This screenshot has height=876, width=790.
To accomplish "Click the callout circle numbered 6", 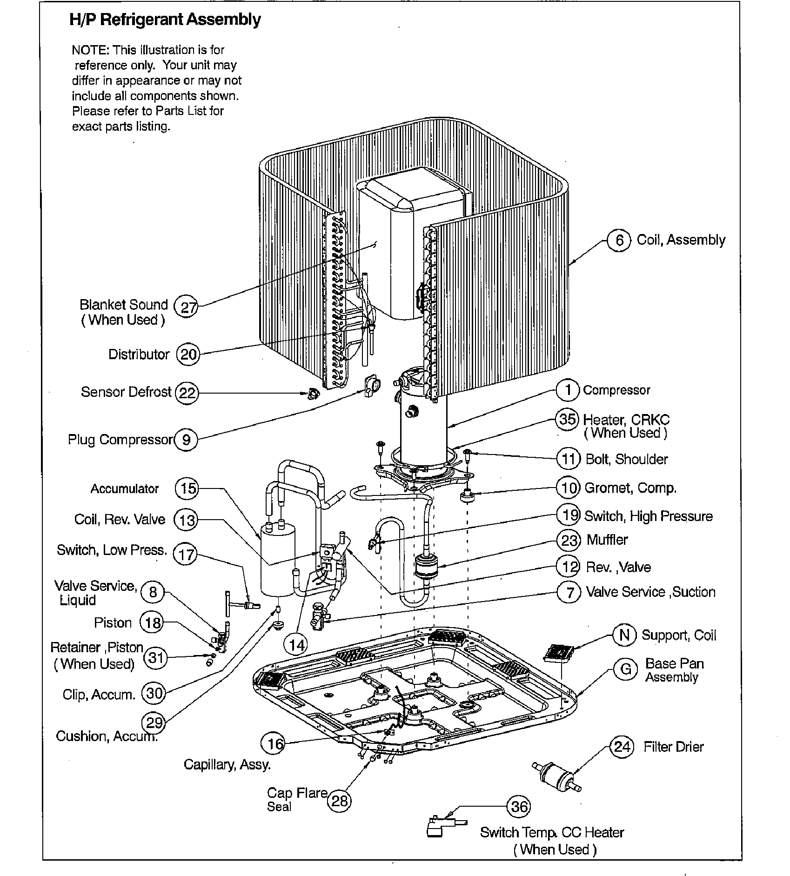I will (619, 241).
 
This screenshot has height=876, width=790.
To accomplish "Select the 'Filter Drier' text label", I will (673, 747).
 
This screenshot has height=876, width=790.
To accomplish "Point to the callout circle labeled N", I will (625, 635).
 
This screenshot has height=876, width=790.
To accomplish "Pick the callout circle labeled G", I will (626, 669).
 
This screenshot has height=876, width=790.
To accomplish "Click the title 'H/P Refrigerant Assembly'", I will (165, 20).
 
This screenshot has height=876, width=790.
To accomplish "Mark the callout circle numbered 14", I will (296, 644).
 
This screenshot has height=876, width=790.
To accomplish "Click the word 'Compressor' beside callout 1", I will (616, 390).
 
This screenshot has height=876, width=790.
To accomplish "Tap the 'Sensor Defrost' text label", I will (126, 392).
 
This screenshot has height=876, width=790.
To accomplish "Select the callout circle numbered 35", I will (568, 420).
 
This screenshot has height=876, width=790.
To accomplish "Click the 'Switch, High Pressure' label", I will (648, 516).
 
